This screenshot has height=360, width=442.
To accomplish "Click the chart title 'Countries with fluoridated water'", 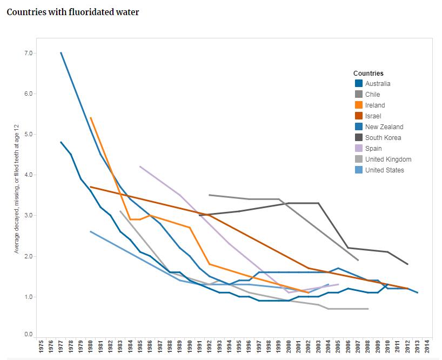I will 72,12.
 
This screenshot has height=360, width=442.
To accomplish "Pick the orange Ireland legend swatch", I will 358,105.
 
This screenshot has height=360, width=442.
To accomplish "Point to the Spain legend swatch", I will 358,149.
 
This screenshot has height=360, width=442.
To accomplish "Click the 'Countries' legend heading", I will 369,73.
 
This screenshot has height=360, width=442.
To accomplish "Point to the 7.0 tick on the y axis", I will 28,53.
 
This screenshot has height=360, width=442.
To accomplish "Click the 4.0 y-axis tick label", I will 28,175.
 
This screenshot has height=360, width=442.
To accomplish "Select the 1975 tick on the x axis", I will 41,346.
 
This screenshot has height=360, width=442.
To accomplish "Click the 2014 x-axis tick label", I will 427,346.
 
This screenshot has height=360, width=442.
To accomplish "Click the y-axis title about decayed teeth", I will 17,189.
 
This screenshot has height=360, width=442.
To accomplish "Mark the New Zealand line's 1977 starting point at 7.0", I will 61,53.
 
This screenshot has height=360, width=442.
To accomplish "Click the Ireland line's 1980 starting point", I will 90,117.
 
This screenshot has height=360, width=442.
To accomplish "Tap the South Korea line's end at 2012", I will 407,264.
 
